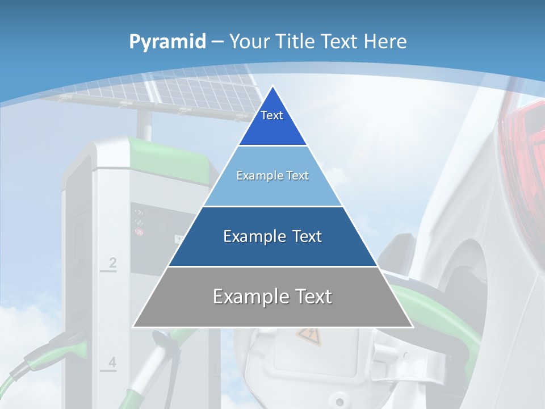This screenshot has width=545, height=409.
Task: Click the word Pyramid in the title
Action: (167, 42)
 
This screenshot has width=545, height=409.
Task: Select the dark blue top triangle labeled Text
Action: (272, 122)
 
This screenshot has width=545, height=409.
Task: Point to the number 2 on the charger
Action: (112, 263)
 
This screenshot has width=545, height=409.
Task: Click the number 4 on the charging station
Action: (112, 362)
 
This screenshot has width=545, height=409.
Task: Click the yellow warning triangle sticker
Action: (308, 336)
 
